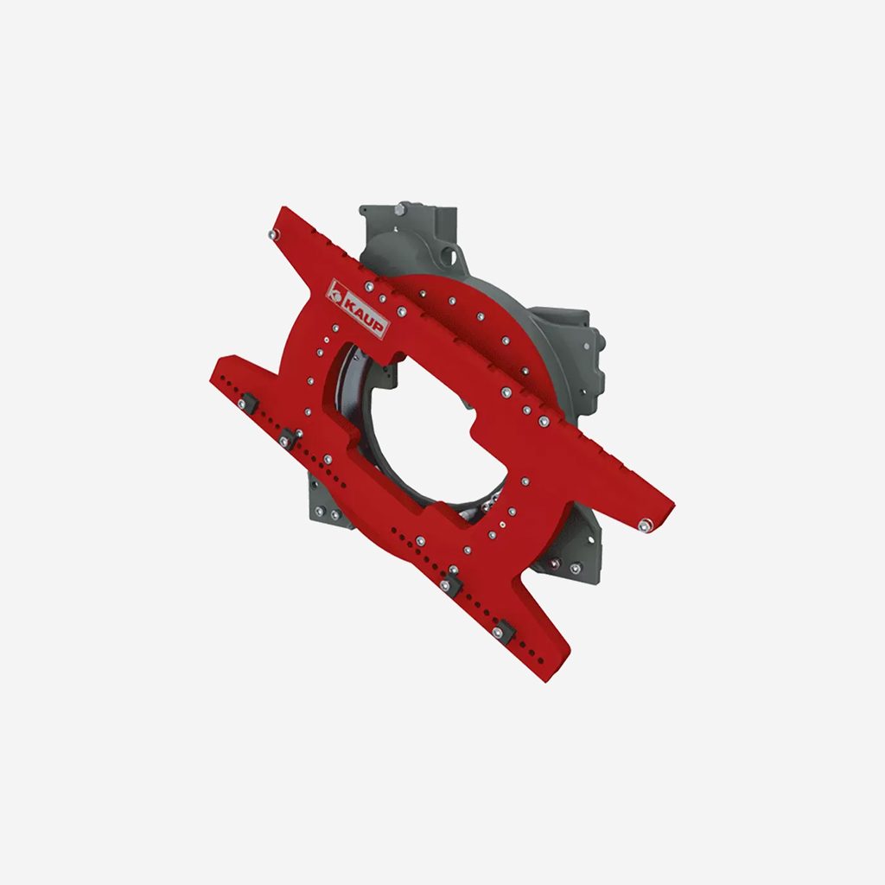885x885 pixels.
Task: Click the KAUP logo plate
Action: point(359,309)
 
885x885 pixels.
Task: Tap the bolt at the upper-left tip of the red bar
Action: point(274,234)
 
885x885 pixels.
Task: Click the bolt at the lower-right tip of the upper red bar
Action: point(645,526)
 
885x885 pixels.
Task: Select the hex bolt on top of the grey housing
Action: point(401,210)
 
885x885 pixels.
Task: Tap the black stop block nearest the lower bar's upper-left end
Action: point(247,404)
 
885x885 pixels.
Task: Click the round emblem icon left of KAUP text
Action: point(336,291)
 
